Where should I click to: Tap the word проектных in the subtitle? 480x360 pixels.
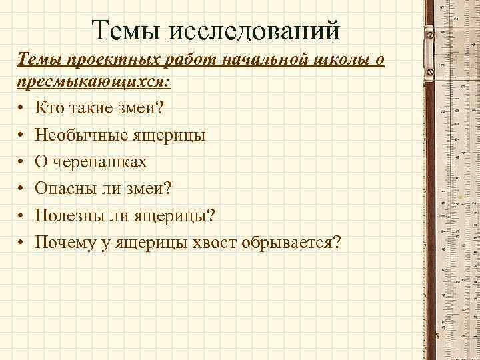point(110,60)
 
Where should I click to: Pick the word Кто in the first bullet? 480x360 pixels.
point(49,107)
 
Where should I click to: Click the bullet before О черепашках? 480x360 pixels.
point(22,162)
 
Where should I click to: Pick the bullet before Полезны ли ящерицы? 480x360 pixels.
point(22,215)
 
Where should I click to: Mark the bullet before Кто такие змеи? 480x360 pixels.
point(22,108)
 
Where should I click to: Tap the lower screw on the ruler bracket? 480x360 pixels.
point(429,72)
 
